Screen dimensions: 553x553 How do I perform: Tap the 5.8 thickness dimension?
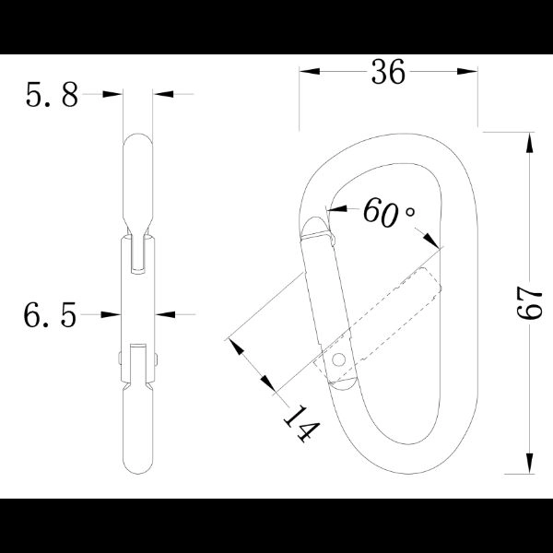tap(53, 95)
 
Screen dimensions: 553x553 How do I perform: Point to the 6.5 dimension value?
tap(50, 315)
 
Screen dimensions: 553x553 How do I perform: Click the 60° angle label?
tap(385, 212)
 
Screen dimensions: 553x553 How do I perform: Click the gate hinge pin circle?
tap(340, 359)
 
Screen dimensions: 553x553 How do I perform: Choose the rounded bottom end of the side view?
tap(139, 465)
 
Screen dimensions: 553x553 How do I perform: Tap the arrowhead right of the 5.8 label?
tap(162, 94)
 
